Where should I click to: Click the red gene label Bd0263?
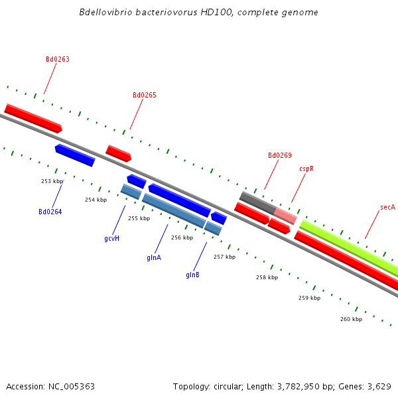[58, 60]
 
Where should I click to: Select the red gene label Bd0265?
[145, 96]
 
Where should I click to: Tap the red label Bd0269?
[279, 156]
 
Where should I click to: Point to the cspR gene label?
[306, 169]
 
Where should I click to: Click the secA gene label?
[387, 208]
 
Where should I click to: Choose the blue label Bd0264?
[50, 212]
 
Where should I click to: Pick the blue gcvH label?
[111, 238]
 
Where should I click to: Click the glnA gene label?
[154, 257]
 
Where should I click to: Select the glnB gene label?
[193, 275]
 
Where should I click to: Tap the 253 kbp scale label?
[52, 181]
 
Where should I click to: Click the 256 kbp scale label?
[182, 237]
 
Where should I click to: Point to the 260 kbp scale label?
[351, 319]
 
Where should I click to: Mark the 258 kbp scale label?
[267, 277]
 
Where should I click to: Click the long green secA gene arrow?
[348, 248]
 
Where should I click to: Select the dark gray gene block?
[257, 202]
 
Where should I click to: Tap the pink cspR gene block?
[286, 216]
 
